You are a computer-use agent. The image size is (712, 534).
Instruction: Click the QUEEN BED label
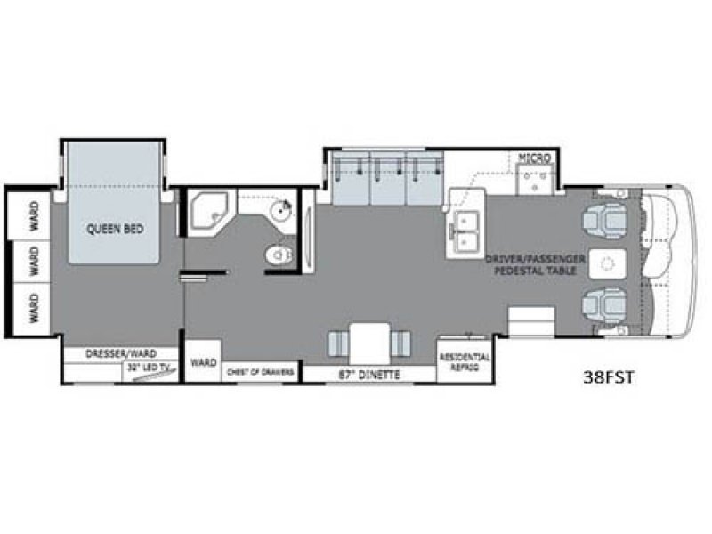click(x=115, y=228)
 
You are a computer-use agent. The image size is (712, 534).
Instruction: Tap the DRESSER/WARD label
click(x=121, y=353)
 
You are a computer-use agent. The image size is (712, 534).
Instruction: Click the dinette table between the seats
click(x=367, y=342)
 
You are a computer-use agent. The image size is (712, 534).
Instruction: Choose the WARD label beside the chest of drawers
click(x=204, y=363)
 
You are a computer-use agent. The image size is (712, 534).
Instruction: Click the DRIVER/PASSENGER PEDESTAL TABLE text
click(x=535, y=263)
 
